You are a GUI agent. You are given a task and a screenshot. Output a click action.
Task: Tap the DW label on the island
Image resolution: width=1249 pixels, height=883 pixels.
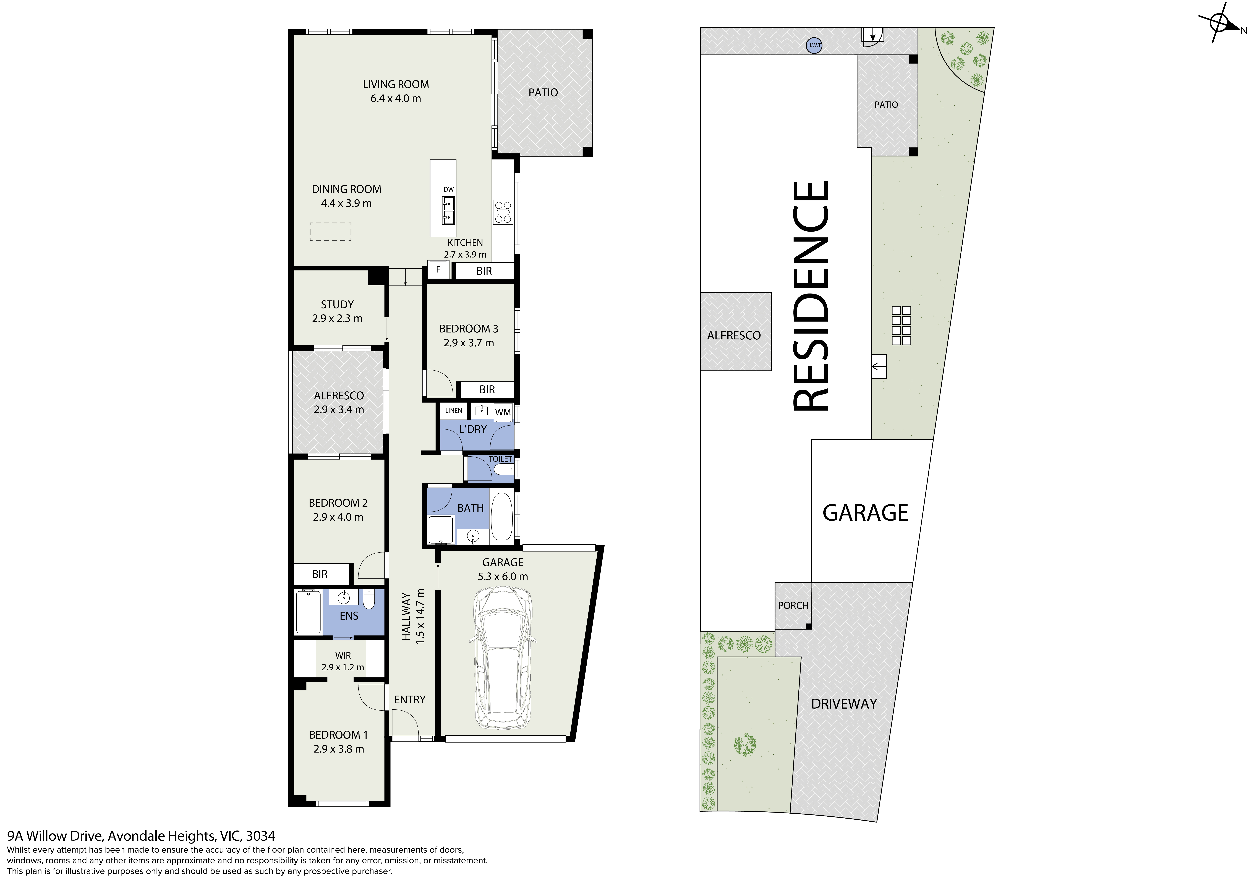coord(448,189)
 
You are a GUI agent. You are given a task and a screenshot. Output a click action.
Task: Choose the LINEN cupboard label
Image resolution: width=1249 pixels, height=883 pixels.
coord(454,411)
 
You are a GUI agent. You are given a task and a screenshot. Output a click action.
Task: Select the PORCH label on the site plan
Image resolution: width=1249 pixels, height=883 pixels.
coord(793,606)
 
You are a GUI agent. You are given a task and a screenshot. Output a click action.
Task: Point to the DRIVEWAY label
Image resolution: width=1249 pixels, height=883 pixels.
coord(844,704)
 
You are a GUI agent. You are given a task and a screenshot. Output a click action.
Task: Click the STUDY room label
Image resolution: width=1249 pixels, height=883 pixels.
coord(337,305)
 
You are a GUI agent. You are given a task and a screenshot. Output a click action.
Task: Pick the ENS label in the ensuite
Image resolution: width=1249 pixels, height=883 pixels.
coord(349,616)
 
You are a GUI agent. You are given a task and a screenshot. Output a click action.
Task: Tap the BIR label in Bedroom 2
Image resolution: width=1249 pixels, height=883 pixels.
coord(320,574)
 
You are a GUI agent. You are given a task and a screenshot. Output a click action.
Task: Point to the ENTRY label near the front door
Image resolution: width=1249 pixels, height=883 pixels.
coord(410,700)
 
